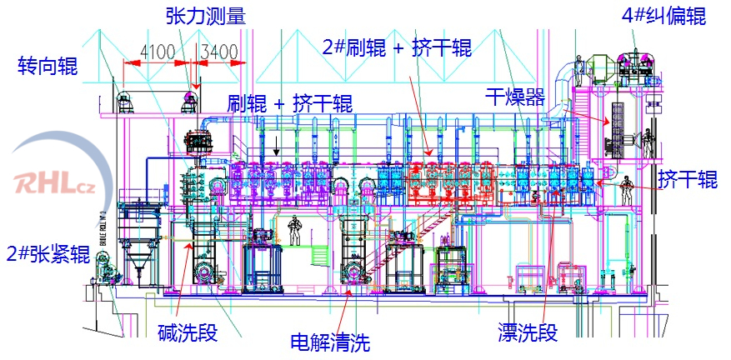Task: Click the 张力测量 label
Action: click(x=207, y=16)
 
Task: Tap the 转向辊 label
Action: click(x=48, y=66)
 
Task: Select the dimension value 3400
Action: click(x=218, y=52)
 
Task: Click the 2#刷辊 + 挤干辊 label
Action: click(x=397, y=47)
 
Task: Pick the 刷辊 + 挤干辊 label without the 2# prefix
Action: click(x=289, y=104)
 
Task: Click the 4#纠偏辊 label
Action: click(x=663, y=16)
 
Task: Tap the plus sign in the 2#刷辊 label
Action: click(x=397, y=47)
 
